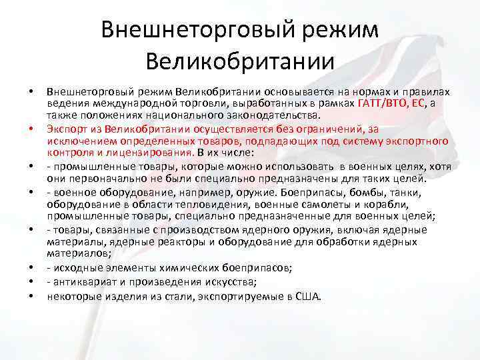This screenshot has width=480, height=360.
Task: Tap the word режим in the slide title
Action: (329, 30)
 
